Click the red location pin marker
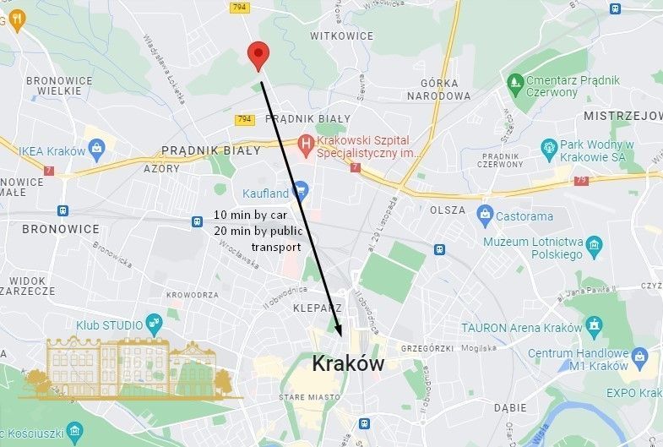(258, 55)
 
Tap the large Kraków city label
(348, 364)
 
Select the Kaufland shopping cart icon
(300, 192)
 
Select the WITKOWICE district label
(341, 36)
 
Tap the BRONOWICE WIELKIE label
(59, 86)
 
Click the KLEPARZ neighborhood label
(318, 308)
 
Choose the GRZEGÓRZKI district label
(427, 348)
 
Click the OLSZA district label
(448, 210)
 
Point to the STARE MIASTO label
(310, 396)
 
